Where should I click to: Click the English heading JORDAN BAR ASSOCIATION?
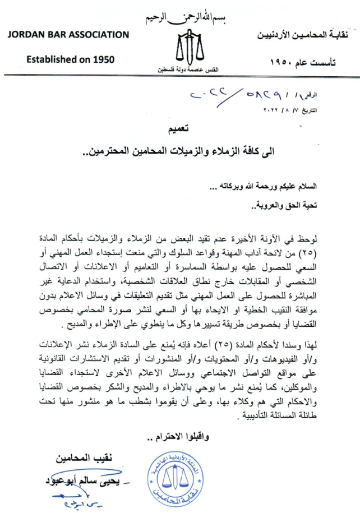coord(69,35)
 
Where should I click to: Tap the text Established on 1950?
coord(70,58)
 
